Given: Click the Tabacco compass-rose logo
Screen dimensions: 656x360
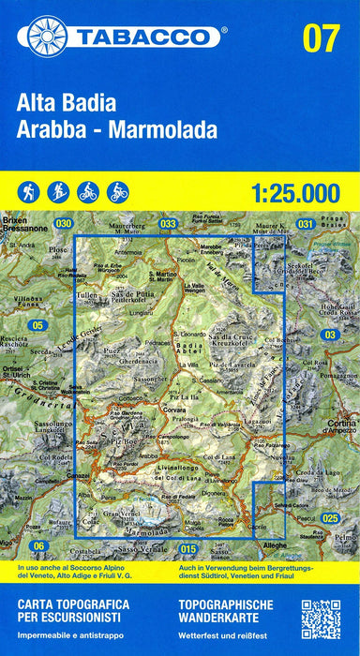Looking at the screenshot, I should coord(48,36).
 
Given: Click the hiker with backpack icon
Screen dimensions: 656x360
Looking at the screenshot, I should coord(28,191).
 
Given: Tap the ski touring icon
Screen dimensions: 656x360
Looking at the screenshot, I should coord(58,191).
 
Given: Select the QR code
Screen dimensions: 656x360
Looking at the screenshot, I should coord(321,619).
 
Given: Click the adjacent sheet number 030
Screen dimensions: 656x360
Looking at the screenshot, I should coord(63,223).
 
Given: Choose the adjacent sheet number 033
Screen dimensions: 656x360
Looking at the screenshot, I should coord(168,224).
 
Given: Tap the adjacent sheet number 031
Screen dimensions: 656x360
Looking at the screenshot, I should coord(305,224).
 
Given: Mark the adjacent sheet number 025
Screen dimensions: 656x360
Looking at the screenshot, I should coord(329,517).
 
